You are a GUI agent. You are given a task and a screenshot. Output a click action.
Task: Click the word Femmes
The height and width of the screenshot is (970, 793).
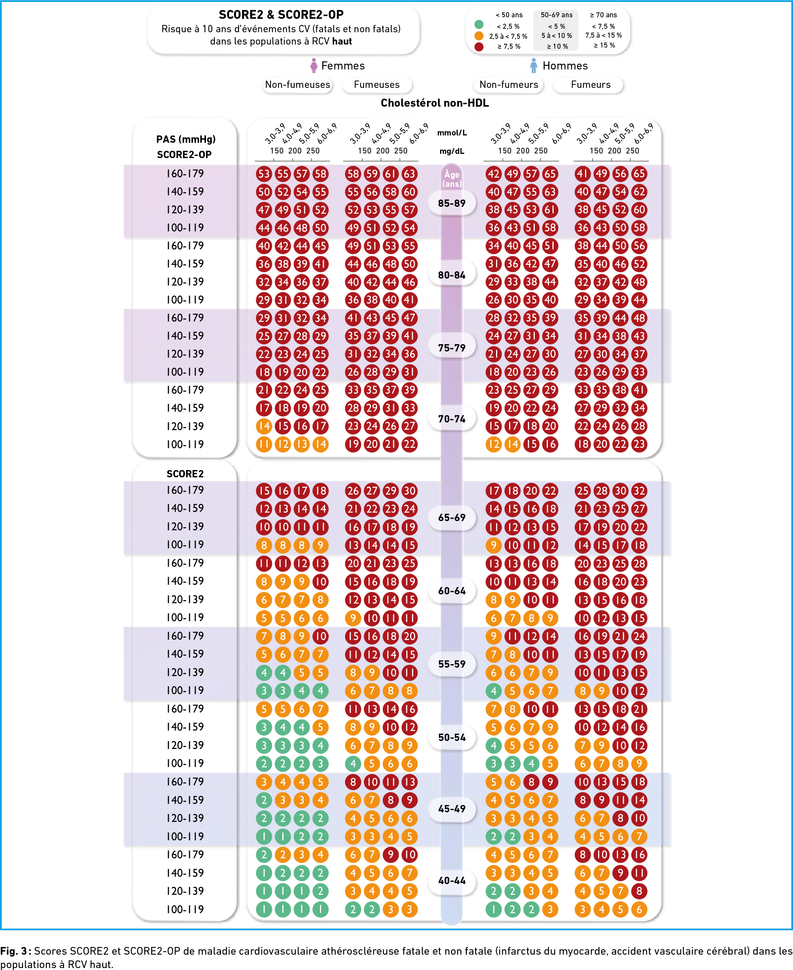point(343,66)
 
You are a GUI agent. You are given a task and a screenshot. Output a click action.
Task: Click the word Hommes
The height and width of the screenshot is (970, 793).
point(565,66)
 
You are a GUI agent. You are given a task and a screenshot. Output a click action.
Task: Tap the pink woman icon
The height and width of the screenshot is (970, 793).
point(313,65)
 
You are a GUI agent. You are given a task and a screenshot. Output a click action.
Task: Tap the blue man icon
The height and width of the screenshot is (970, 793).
point(533,65)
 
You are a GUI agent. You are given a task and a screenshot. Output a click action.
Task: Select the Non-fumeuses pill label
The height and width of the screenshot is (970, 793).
point(297,84)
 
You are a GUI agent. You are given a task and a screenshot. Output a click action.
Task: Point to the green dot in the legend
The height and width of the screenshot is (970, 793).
point(479,24)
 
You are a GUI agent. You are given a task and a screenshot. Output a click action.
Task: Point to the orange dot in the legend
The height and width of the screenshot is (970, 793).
point(479,35)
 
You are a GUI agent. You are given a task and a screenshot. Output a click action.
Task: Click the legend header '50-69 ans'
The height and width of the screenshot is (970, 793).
point(556,15)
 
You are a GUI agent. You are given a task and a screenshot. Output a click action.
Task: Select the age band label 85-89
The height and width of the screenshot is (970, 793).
point(452,203)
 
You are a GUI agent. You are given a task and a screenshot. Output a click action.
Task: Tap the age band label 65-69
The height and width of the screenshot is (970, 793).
point(452,517)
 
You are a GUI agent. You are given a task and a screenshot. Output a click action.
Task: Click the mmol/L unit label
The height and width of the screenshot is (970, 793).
point(452,133)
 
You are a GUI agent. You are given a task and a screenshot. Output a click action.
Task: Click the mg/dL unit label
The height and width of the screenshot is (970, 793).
point(452,151)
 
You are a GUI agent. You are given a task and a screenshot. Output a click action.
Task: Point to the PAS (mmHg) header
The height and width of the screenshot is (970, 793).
point(185,139)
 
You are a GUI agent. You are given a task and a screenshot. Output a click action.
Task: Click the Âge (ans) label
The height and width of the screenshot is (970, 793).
point(452,179)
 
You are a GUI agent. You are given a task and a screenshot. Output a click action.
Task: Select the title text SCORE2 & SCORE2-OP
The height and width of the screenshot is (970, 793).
point(281,15)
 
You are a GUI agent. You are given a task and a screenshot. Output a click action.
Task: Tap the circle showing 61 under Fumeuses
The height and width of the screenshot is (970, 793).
point(391,173)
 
